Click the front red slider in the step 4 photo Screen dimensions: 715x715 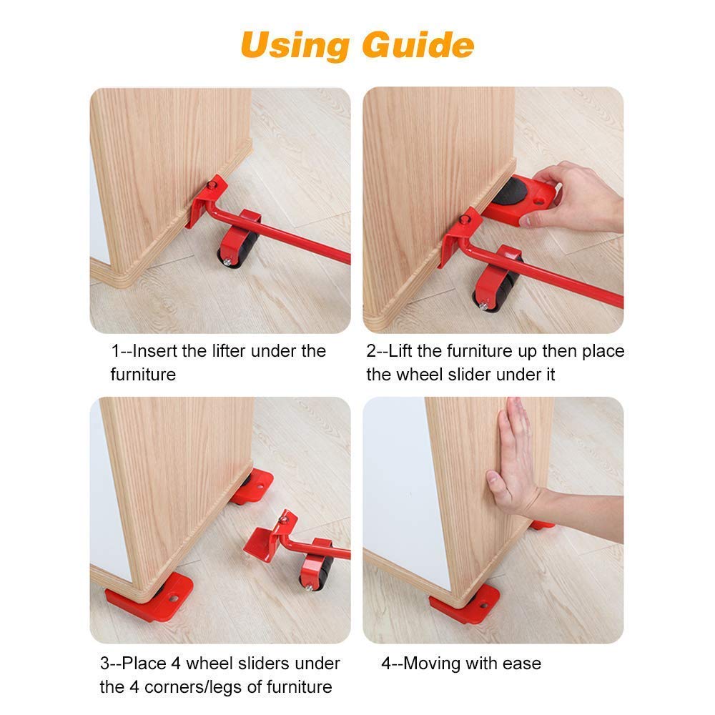[x=465, y=603]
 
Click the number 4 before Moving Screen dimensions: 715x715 [x=385, y=664]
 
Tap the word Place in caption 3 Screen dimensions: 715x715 [x=145, y=664]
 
